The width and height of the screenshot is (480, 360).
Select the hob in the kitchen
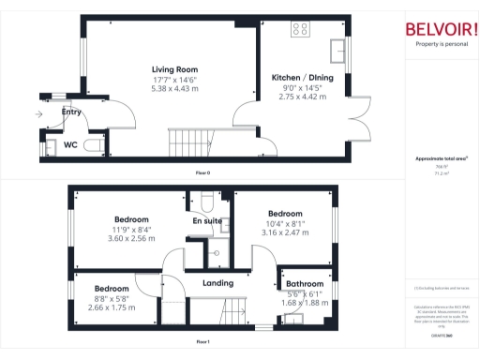(301, 29)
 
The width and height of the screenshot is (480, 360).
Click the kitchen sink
(337, 46)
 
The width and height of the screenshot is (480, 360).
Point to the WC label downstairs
(70, 145)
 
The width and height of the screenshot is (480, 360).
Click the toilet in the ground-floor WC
(92, 145)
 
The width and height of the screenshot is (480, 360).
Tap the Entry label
(71, 112)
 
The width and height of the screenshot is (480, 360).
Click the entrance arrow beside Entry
(38, 114)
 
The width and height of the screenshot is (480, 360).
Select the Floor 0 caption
(202, 173)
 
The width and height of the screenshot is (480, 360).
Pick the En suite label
(207, 221)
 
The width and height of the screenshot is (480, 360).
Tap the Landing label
(217, 282)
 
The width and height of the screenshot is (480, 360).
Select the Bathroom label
(305, 283)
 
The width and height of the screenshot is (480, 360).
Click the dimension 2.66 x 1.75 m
(111, 307)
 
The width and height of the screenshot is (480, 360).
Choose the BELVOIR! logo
(441, 29)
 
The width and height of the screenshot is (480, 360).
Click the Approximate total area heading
(440, 159)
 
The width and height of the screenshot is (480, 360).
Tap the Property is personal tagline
(441, 44)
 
